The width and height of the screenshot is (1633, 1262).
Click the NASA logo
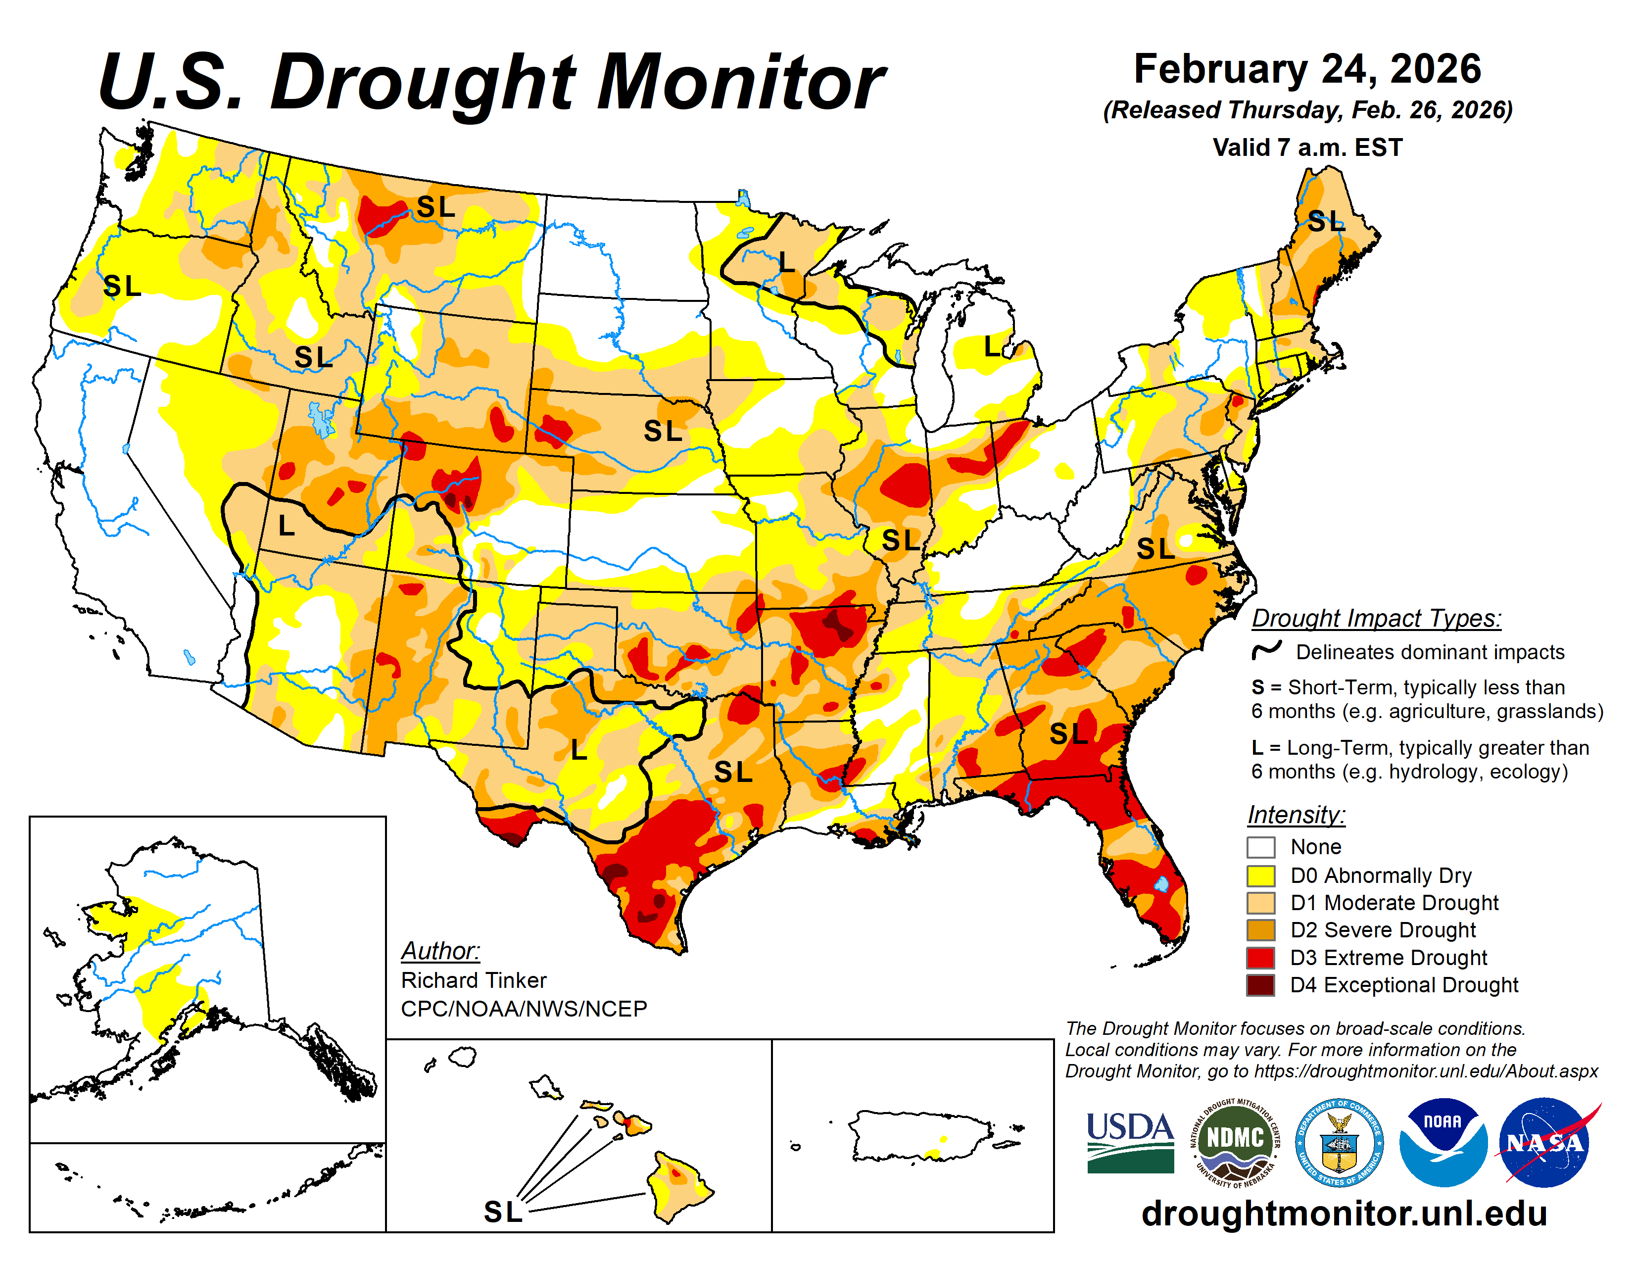[1544, 1142]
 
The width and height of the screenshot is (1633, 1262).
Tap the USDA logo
[1130, 1142]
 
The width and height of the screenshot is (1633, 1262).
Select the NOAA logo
[1442, 1142]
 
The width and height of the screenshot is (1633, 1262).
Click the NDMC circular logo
[1235, 1142]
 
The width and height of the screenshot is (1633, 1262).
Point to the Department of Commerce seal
[1339, 1142]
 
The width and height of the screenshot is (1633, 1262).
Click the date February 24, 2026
[1307, 69]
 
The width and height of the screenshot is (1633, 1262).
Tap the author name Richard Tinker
[473, 980]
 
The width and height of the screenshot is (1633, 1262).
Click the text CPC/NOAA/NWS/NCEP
[524, 1009]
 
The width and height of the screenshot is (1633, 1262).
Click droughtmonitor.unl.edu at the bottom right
[1344, 1213]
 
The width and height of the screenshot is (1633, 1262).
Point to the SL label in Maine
[1326, 222]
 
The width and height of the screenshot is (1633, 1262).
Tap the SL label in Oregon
[122, 286]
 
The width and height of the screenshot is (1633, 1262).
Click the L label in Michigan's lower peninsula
[992, 346]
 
